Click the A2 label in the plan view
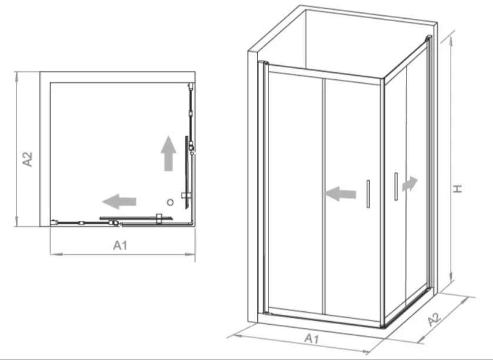click(28, 159)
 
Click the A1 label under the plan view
click(120, 245)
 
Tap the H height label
click(457, 189)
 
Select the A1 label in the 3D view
click(312, 338)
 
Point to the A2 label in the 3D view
click(434, 319)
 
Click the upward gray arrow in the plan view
click(169, 153)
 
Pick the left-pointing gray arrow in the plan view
click(119, 201)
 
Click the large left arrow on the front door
click(340, 194)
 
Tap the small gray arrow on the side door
click(410, 184)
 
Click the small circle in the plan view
click(170, 202)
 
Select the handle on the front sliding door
click(368, 194)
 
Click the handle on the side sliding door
click(396, 187)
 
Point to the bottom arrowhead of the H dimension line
click(452, 277)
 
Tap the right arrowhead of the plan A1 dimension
click(190, 254)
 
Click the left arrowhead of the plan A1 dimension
click(55, 254)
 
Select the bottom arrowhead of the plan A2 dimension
click(16, 222)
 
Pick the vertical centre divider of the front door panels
click(324, 196)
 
